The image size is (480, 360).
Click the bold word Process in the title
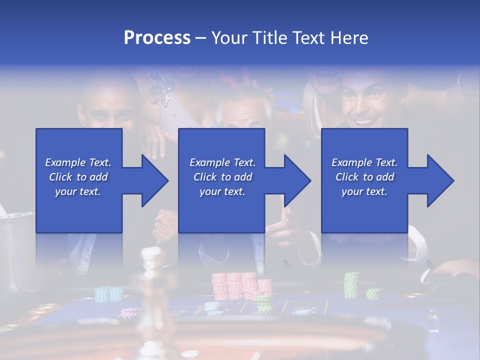[157, 38]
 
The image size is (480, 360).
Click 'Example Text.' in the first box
[78, 162]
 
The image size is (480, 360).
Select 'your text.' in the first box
[78, 191]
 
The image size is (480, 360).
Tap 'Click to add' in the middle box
[222, 177]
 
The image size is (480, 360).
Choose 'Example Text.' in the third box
[364, 162]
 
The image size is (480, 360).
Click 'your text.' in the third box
[364, 191]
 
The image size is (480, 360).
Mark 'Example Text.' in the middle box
[222, 162]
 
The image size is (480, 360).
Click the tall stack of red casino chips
[234, 285]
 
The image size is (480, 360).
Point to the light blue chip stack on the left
[108, 293]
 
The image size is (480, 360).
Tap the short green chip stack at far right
[373, 293]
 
